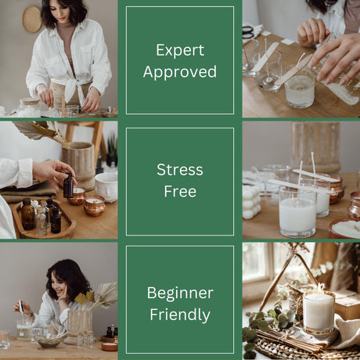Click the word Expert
179,50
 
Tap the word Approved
179,72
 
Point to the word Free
179,192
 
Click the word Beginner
179,293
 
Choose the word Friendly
179,315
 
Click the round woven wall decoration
32,19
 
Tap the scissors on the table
248,33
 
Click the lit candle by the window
319,309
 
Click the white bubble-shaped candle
250,203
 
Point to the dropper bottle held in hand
69,185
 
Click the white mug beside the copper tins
106,186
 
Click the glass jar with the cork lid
31,107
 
